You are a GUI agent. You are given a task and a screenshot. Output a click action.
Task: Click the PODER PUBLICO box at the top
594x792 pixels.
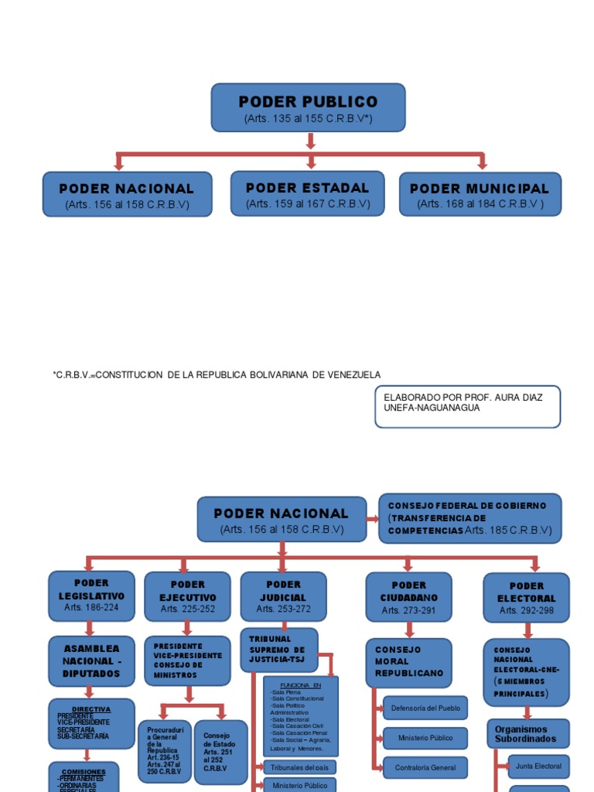click(x=308, y=108)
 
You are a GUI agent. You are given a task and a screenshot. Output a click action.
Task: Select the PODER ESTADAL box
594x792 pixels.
click(x=307, y=193)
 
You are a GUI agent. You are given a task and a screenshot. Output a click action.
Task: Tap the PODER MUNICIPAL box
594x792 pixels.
click(x=480, y=194)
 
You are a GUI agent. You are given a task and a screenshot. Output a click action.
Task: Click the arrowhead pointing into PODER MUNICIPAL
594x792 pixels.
click(x=482, y=164)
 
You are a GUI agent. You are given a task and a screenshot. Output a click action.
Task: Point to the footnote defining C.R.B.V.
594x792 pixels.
click(x=217, y=374)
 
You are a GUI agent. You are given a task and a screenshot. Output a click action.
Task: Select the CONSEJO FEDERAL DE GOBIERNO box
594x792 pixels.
click(x=469, y=518)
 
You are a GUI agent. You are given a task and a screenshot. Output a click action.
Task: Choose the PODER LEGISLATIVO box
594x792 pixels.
click(x=91, y=596)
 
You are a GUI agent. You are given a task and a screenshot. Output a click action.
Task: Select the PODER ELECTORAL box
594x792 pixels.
click(x=526, y=597)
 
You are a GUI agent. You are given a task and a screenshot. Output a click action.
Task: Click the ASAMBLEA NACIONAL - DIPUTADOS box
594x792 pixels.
click(x=91, y=661)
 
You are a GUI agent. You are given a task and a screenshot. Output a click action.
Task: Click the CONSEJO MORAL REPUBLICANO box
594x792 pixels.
click(x=408, y=662)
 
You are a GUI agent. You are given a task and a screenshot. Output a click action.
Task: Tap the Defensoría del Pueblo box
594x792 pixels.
click(x=425, y=708)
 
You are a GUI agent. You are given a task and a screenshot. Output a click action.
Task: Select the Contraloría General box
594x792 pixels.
click(x=425, y=767)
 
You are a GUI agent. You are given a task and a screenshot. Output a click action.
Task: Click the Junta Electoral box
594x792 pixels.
click(x=538, y=766)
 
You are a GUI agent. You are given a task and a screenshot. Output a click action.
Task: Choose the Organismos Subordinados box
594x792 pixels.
click(x=527, y=734)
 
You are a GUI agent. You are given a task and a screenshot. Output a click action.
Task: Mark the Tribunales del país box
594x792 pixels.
click(x=299, y=767)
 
